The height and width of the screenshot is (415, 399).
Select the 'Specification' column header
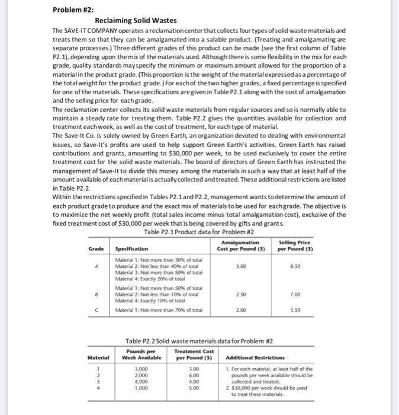131,248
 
